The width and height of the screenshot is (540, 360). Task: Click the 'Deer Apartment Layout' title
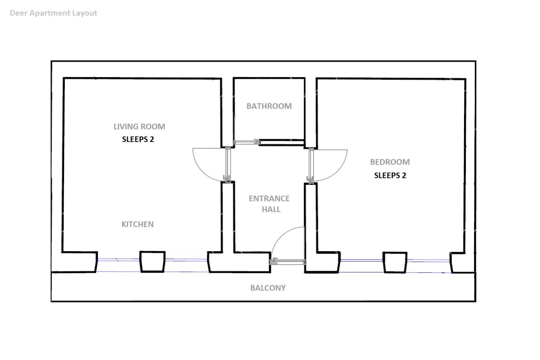point(53,13)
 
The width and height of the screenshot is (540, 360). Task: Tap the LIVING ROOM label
point(139,126)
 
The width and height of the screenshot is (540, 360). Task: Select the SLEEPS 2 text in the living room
point(138,139)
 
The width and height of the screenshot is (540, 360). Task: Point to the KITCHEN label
point(137,224)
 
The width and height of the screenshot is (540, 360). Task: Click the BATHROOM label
point(269,106)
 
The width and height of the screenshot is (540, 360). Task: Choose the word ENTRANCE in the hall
point(269,198)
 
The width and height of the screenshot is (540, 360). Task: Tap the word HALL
point(271,209)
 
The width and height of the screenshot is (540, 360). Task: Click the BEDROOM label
point(390,162)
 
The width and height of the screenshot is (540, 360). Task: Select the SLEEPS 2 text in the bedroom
point(390,175)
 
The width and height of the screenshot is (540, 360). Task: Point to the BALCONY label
point(268,288)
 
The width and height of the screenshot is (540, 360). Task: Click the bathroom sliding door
point(246,142)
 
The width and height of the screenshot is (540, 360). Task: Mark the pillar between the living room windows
point(153,262)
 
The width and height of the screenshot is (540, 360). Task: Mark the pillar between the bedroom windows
point(395,262)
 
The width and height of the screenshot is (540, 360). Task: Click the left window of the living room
point(118,265)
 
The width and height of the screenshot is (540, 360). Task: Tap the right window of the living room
point(187,266)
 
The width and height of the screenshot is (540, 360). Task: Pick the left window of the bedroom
point(361,266)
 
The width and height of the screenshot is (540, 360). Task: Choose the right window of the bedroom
point(429,266)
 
